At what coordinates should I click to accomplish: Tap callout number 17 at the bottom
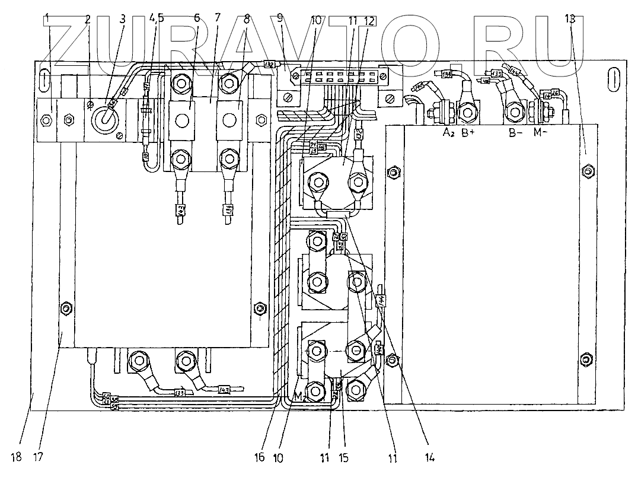pyautogui.click(x=38, y=457)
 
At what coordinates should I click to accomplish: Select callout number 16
pyautogui.click(x=259, y=457)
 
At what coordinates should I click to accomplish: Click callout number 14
pyautogui.click(x=429, y=457)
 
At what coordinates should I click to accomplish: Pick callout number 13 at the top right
pyautogui.click(x=570, y=19)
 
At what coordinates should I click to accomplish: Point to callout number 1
pyautogui.click(x=47, y=20)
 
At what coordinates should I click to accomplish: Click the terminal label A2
pyautogui.click(x=448, y=133)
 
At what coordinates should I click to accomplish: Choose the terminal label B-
pyautogui.click(x=516, y=133)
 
